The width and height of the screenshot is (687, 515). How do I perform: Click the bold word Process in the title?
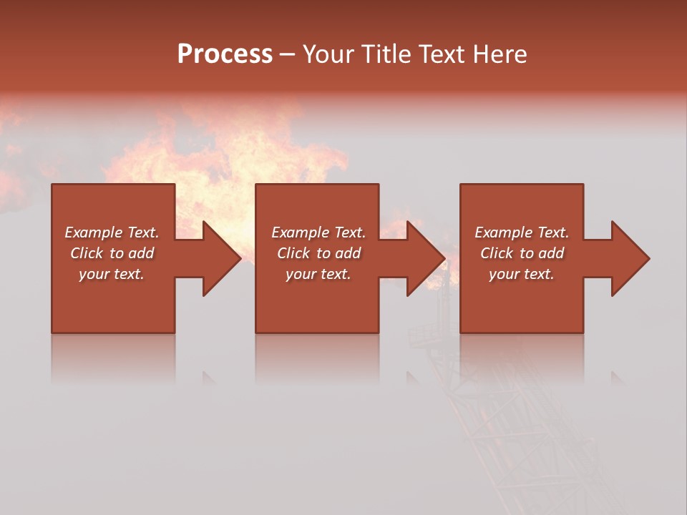coord(225,54)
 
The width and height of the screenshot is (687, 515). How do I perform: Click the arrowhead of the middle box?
coord(425,258)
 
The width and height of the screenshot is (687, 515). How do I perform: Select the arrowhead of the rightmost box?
coord(629,258)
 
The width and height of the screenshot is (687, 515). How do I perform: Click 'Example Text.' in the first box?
coord(112,232)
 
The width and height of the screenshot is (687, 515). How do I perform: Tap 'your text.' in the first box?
coord(112,274)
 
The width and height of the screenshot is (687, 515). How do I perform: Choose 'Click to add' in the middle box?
coord(318,253)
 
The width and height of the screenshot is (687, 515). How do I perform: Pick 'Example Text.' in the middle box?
coord(318,232)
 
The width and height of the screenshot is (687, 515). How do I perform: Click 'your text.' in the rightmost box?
coord(522,274)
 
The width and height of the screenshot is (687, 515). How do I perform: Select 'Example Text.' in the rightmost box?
coord(522,232)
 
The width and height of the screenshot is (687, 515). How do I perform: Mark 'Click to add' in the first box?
coord(112,253)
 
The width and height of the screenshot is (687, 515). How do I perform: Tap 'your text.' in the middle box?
coord(318,274)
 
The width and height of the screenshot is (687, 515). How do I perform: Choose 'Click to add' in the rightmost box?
coord(522,253)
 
